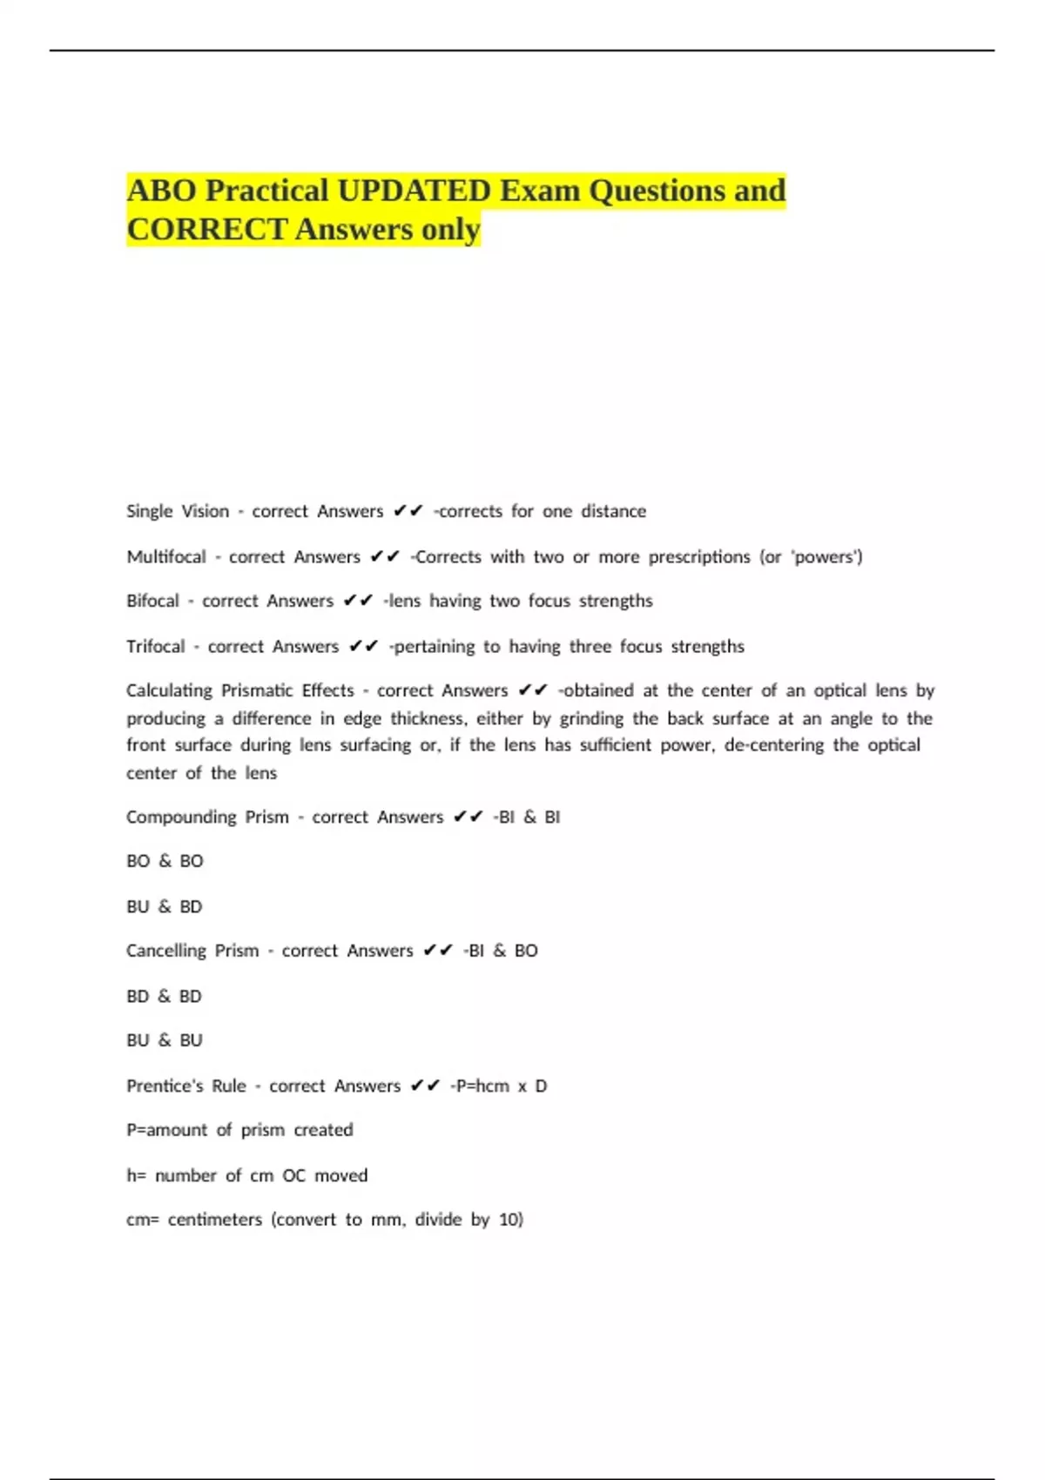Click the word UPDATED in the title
coord(414,190)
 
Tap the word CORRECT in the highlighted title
coord(207,229)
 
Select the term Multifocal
coord(166,556)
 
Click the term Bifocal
coord(152,601)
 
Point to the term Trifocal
coord(156,646)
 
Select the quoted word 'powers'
coord(824,556)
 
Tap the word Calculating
coord(169,690)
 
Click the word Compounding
coord(181,817)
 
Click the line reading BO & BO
coord(165,861)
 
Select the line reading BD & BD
coord(164,996)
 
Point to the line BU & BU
coord(165,1039)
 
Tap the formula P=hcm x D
coord(499,1086)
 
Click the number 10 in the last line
coord(509,1219)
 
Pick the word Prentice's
coord(165,1086)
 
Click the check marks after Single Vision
coord(408,511)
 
